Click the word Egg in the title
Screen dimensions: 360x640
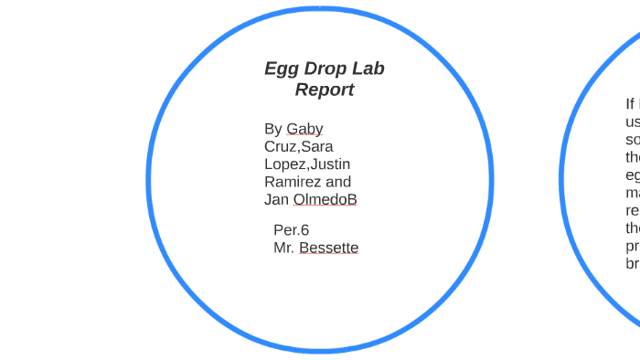coord(280,69)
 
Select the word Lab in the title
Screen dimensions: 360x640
coord(368,69)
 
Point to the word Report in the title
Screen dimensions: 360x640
coord(324,90)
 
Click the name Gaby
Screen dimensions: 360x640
coord(304,129)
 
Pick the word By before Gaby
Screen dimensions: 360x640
coord(273,129)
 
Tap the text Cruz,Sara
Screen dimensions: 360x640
coord(298,146)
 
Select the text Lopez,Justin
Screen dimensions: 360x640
coord(306,164)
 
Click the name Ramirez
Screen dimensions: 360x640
coord(293,182)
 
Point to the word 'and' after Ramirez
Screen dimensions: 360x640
coord(338,182)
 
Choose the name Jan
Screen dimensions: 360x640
coord(277,199)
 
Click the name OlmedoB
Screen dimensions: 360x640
coord(325,199)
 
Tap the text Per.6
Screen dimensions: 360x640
coord(291,230)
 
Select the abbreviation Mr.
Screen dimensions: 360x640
coord(283,248)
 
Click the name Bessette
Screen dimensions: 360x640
coord(328,248)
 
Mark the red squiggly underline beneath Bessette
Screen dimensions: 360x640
coord(328,255)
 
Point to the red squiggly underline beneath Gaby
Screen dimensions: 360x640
coord(304,136)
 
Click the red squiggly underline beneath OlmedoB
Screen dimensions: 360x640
coord(325,206)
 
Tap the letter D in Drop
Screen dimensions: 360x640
coord(306,69)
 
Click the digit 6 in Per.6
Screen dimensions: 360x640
coord(304,230)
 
